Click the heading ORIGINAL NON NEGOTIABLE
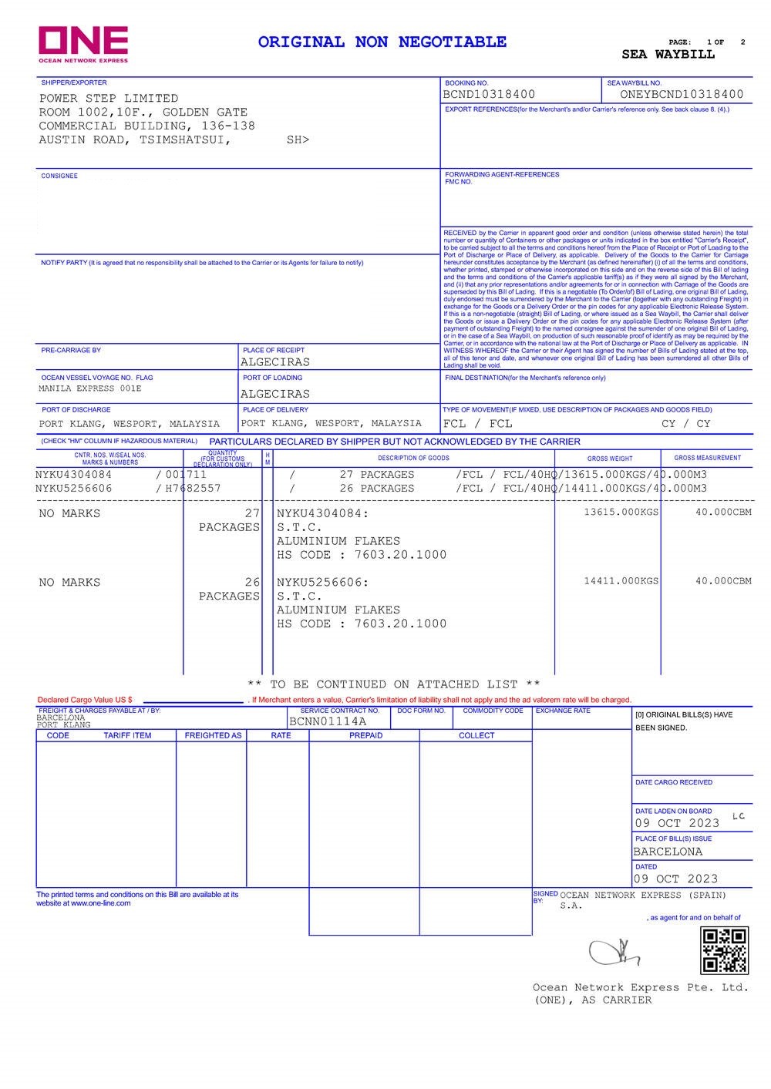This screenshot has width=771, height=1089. pos(382,42)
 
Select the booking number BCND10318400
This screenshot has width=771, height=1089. pos(489,95)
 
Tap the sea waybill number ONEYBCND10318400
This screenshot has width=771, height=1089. pos(682,95)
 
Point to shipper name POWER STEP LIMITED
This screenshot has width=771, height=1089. pos(109,99)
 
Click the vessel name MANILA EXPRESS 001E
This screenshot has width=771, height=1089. pos(90,389)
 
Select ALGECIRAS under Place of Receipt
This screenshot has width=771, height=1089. pos(275,362)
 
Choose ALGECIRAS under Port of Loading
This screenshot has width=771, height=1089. pos(275,394)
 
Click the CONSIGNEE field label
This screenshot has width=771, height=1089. pos(59,176)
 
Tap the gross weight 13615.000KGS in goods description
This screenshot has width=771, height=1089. pos(621,513)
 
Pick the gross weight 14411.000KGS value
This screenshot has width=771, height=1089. pos(621,581)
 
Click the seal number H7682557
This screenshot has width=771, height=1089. pos(193,489)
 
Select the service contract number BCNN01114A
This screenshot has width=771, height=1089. pos(328,722)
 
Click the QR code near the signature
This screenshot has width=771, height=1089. pos(724,950)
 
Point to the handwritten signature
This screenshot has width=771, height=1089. pos(614,953)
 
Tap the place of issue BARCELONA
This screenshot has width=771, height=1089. pos(668,852)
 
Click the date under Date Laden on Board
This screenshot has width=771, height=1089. pos(676,823)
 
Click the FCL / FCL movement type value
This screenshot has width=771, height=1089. pos(477,424)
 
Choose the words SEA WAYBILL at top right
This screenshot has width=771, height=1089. pos(668,55)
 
